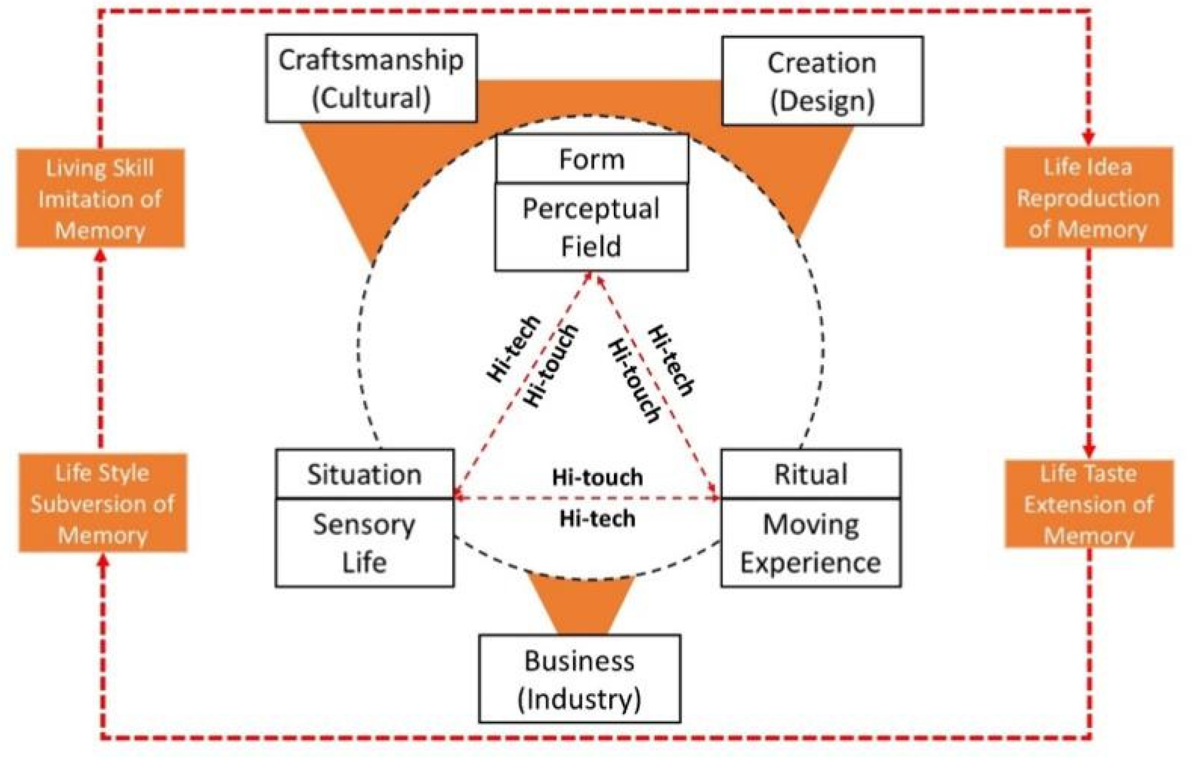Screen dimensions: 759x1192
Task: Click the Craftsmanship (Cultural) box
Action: coord(371,78)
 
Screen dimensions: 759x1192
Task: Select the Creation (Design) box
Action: coord(822,81)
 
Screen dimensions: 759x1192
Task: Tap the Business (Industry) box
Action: coord(579,679)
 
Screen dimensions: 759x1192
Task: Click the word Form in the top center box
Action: coord(591,159)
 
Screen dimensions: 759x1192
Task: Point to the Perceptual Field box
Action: coord(591,227)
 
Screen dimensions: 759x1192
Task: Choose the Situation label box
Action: coord(364,474)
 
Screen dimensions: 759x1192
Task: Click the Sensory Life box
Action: coord(364,543)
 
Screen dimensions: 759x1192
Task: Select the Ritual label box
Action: coord(810,474)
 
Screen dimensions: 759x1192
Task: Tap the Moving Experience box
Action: coord(810,543)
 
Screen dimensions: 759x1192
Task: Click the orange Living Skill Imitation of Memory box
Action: coord(101,199)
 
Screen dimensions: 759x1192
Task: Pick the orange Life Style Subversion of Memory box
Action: coord(103,503)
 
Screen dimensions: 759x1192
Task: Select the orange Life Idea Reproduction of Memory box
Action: coord(1088,198)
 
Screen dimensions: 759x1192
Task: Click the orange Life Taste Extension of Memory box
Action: coord(1089,504)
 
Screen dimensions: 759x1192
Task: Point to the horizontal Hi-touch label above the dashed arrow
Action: coord(597,478)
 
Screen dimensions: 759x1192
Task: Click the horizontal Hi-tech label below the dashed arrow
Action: coord(597,518)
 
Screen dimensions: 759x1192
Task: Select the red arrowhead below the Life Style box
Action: coord(103,560)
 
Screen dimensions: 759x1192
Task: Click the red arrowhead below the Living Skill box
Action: coord(101,255)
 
